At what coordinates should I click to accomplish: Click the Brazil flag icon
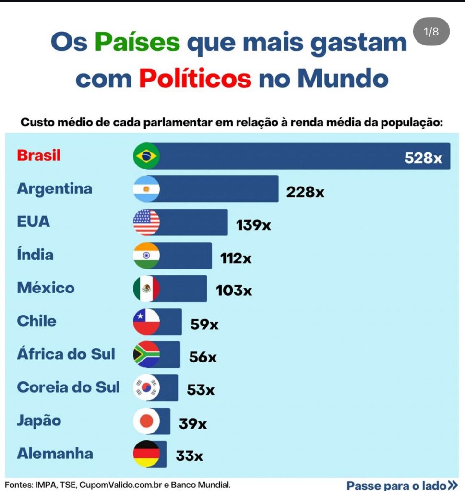pyautogui.click(x=146, y=156)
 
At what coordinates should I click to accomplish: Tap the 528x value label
pyautogui.click(x=423, y=158)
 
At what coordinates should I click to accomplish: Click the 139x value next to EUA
pyautogui.click(x=253, y=225)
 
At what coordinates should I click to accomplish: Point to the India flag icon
pyautogui.click(x=146, y=256)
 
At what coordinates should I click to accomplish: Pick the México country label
pyautogui.click(x=46, y=288)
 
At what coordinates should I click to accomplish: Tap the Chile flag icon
pyautogui.click(x=146, y=321)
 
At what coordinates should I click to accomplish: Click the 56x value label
pyautogui.click(x=203, y=357)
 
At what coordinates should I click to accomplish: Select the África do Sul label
pyautogui.click(x=66, y=354)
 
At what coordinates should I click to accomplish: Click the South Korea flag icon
pyautogui.click(x=146, y=387)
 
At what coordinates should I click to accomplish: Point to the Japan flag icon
pyautogui.click(x=146, y=421)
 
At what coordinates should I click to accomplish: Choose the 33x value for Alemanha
pyautogui.click(x=189, y=456)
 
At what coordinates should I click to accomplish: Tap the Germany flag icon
pyautogui.click(x=146, y=454)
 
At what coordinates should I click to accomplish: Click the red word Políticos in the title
pyautogui.click(x=195, y=78)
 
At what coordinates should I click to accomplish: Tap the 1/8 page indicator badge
pyautogui.click(x=431, y=32)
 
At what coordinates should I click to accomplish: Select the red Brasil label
pyautogui.click(x=38, y=155)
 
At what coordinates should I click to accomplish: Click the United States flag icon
pyautogui.click(x=146, y=222)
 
